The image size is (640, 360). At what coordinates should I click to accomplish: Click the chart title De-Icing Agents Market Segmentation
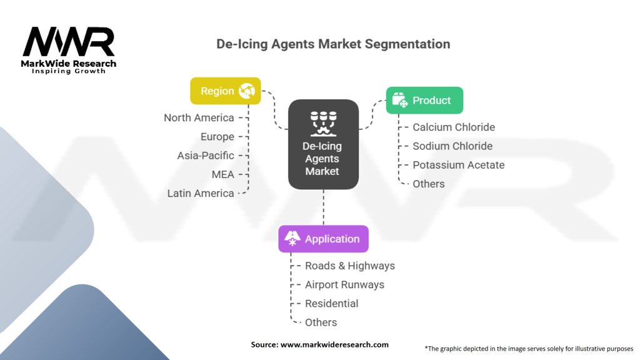332,44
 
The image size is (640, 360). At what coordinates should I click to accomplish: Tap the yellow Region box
225,91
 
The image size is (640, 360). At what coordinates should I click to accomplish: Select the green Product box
424,101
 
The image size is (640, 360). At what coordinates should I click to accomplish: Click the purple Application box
323,239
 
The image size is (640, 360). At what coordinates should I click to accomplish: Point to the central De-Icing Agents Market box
323,144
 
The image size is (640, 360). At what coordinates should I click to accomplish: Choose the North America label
199,117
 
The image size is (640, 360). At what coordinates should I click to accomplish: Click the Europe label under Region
217,136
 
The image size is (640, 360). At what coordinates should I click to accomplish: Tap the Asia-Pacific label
206,156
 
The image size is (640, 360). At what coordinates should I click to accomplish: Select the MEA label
222,174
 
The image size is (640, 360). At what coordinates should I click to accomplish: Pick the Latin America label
201,193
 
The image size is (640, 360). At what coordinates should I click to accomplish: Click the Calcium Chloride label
453,127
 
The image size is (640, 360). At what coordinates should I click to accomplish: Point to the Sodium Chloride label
452,146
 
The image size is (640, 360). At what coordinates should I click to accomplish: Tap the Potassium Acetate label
458,165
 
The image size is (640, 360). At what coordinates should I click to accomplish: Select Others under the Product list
428,184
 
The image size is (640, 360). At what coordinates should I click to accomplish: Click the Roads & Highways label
349,266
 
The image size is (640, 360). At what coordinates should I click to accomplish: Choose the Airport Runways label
344,284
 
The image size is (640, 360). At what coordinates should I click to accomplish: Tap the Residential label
331,303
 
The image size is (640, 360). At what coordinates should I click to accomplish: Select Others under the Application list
321,322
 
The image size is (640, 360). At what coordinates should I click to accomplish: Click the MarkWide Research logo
69,50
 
